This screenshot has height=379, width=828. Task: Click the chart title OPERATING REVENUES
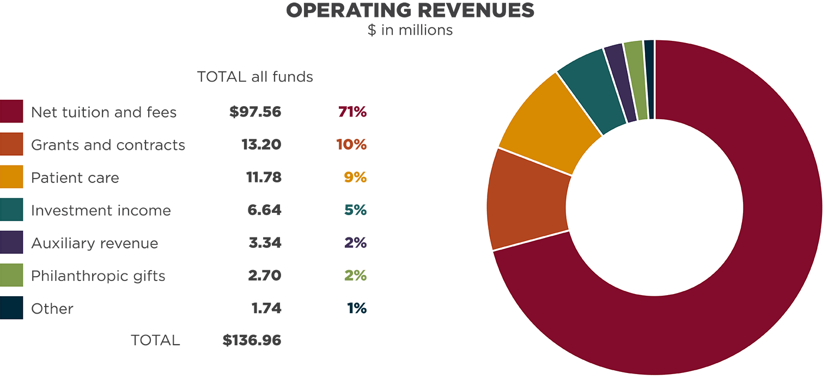410,11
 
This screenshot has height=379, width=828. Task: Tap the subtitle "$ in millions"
410,30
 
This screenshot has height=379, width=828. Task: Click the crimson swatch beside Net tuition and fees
11,111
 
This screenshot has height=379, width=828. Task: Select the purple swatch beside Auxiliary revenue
11,242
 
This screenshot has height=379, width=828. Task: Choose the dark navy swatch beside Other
11,308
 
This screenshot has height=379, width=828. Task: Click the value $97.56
255,112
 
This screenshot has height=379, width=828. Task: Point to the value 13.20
261,145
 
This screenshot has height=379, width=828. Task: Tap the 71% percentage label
352,112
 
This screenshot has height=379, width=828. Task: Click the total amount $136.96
252,340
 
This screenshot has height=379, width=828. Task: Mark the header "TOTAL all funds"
255,77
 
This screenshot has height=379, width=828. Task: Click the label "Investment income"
101,211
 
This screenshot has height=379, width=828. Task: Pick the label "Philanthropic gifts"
98,276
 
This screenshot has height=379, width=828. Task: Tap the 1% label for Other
357,308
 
